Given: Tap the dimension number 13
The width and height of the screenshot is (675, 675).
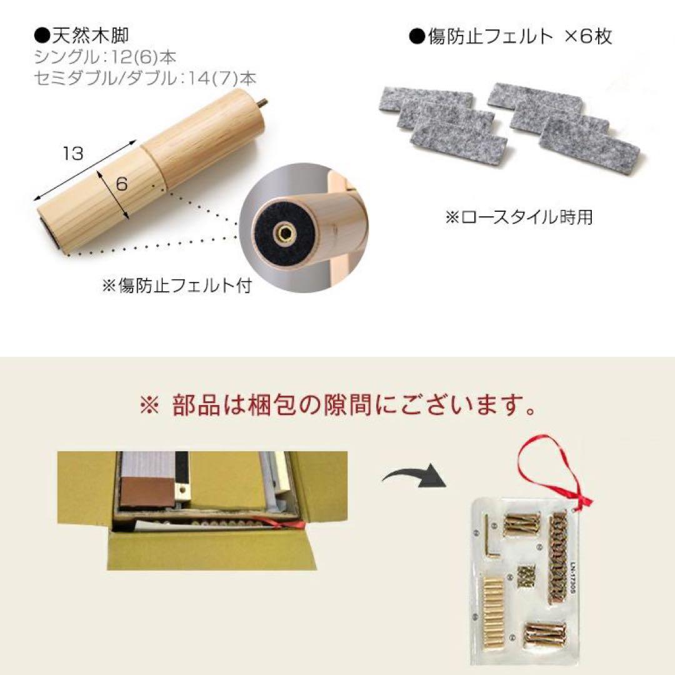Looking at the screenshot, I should click(x=73, y=153).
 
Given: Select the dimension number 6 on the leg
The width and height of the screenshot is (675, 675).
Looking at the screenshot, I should click(x=121, y=184).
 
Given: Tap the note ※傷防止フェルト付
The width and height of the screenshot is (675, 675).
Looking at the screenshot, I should click(x=176, y=286).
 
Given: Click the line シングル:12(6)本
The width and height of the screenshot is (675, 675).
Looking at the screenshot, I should click(x=105, y=57).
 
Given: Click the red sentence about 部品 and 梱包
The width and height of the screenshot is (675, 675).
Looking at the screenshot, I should click(x=337, y=407).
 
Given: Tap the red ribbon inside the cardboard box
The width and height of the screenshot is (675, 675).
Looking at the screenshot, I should click(x=289, y=524).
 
